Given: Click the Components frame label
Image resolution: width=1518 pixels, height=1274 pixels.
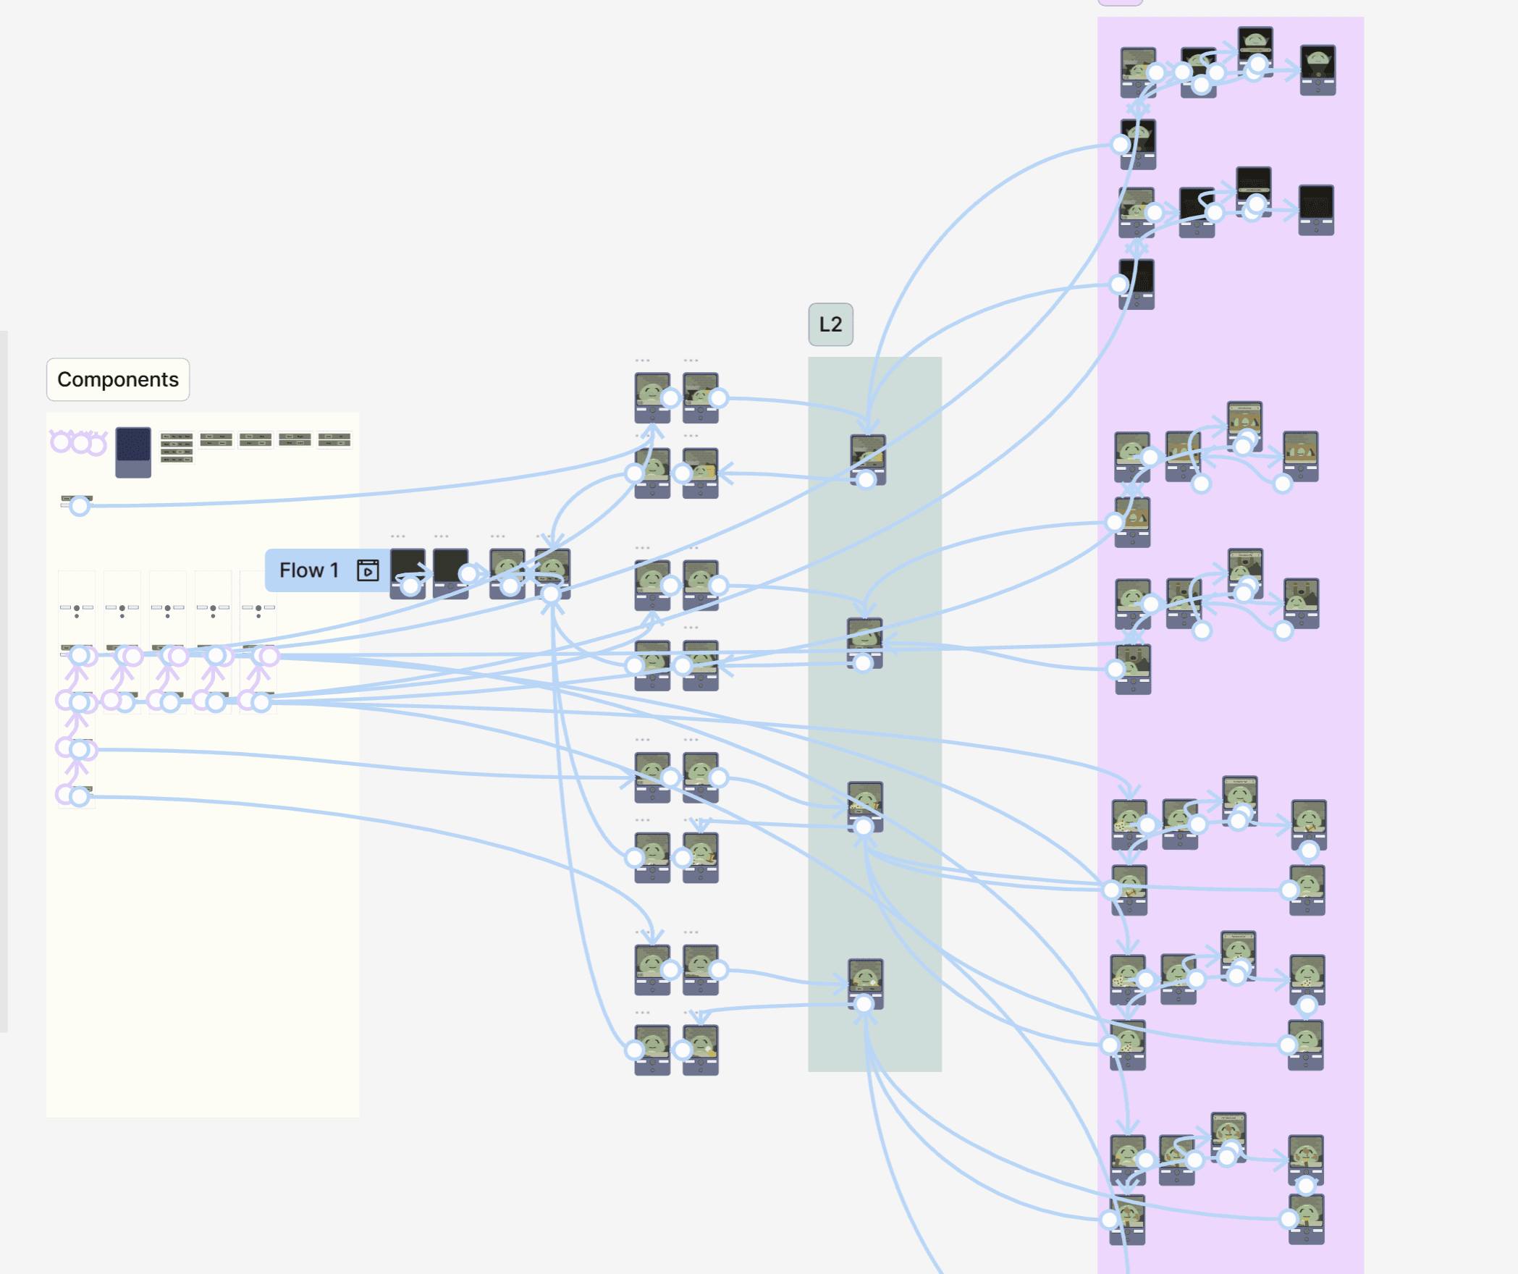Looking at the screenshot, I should click(118, 379).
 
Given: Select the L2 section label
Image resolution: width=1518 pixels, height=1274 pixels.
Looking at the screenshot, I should click(830, 324).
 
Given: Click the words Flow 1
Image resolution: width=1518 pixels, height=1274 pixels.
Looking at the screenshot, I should click(309, 570).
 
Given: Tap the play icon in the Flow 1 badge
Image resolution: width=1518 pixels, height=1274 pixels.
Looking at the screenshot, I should click(368, 570).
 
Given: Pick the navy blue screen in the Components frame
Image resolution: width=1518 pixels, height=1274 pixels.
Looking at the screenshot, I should click(133, 452).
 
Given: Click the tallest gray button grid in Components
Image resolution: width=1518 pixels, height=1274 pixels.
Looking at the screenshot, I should click(177, 447).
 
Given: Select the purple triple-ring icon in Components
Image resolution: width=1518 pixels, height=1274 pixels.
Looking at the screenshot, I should click(78, 442).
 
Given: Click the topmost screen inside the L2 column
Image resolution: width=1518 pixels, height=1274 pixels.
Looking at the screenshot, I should click(867, 456).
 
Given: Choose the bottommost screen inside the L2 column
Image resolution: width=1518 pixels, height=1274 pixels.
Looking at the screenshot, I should click(865, 981).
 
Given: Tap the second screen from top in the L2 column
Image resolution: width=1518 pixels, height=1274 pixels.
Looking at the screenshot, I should click(864, 638).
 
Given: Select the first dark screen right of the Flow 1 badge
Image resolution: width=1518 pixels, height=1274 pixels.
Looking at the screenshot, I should click(408, 572).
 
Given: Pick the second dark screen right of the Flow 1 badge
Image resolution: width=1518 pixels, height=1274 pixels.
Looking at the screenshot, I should click(450, 572).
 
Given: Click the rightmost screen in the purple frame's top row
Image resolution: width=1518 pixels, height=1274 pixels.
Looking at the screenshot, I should click(1317, 69).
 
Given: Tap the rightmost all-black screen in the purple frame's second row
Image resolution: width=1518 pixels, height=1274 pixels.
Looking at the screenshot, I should click(1316, 209).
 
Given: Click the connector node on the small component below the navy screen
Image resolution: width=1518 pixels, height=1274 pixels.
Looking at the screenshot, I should click(80, 506).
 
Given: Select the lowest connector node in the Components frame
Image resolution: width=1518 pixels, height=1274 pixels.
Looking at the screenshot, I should click(80, 797).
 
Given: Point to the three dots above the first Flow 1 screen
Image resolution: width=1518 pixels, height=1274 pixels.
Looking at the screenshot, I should click(398, 536).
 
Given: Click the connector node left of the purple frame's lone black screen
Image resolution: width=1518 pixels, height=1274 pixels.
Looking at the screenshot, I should click(1119, 284).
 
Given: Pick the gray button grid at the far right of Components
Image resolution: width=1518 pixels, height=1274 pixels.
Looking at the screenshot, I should click(334, 439).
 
